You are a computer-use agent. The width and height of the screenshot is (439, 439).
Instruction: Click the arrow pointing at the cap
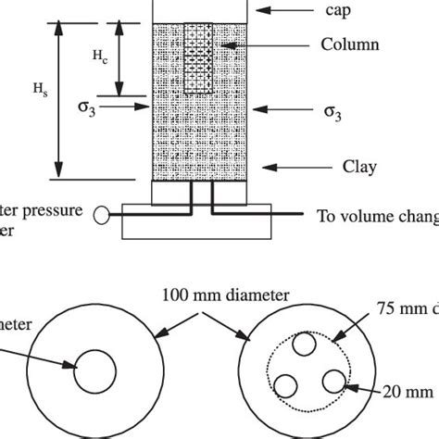pyautogui.click(x=278, y=10)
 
